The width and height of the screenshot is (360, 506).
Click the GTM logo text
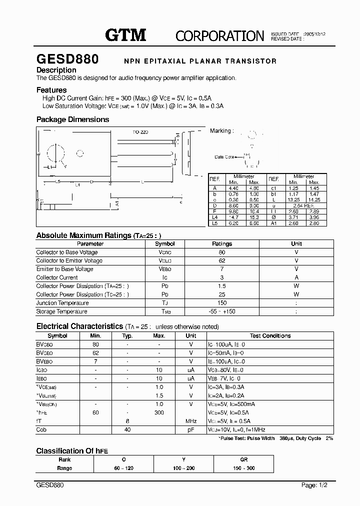[x=125, y=35]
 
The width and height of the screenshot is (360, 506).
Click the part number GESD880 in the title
[x=67, y=59]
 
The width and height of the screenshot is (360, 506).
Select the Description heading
[x=56, y=70]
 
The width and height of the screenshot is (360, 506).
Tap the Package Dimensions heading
[x=72, y=119]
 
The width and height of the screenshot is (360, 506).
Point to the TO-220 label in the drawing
[x=140, y=132]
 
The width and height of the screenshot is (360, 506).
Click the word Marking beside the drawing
[x=220, y=131]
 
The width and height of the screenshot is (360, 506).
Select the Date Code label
[x=224, y=157]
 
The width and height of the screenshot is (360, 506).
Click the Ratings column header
[x=222, y=244]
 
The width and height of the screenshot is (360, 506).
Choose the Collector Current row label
[x=57, y=277]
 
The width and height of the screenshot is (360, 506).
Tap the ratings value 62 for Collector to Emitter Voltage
[x=222, y=260]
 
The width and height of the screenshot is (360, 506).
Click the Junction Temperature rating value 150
[x=222, y=303]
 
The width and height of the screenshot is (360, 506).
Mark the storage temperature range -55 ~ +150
[x=222, y=311]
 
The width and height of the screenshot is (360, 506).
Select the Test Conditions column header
[x=270, y=336]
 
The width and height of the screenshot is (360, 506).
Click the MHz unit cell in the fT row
[x=191, y=421]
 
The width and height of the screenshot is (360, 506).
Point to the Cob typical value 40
[x=127, y=429]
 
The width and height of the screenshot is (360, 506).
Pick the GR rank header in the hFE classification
[x=244, y=459]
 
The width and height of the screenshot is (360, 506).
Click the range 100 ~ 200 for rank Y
[x=183, y=468]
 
